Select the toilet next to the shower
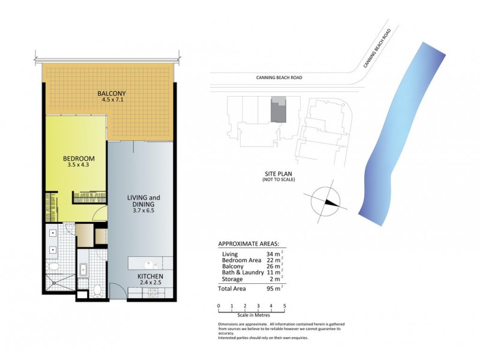[52, 265]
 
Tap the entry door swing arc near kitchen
[119, 292]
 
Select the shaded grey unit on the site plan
[277, 110]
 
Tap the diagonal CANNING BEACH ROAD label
[377, 48]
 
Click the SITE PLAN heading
[279, 173]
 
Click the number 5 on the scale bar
[284, 306]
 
